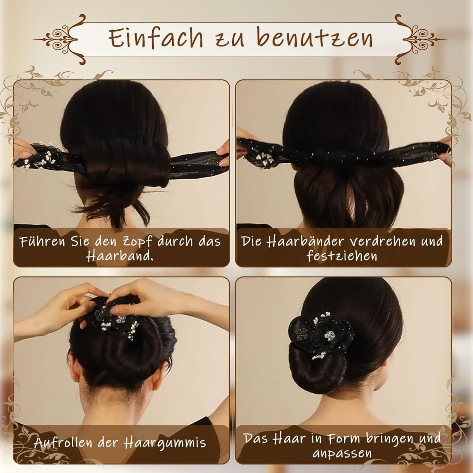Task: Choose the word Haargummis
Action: tap(165, 443)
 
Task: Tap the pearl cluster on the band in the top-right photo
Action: tap(264, 159)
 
